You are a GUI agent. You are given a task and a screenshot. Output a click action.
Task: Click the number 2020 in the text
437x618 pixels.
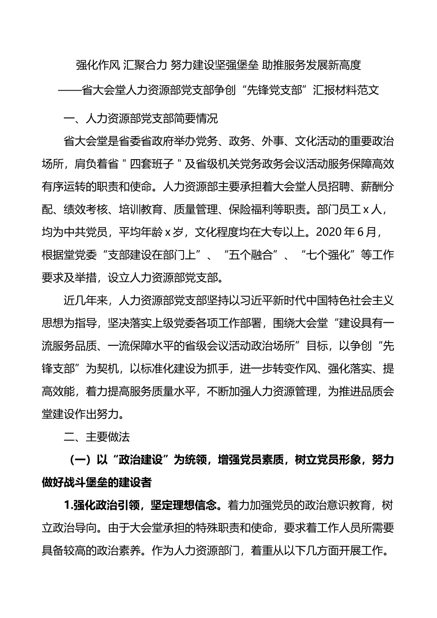pos(322,232)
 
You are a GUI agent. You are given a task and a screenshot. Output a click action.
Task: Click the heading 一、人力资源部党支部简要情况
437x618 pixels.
pos(141,119)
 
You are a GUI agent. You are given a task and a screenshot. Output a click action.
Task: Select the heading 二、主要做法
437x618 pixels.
pos(97,437)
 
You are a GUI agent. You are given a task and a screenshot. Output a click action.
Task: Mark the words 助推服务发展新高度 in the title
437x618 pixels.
pos(311,66)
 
